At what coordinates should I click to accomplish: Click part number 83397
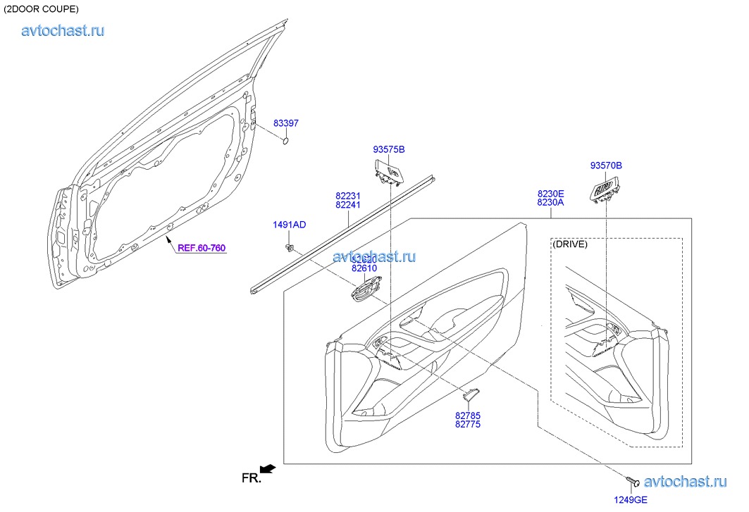(286, 123)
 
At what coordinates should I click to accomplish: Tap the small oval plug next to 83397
(286, 141)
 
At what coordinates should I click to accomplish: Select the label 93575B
(389, 149)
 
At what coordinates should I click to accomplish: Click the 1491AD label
(290, 225)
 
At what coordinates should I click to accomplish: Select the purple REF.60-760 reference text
(202, 248)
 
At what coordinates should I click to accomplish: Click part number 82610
(364, 268)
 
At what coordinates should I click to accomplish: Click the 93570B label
(606, 166)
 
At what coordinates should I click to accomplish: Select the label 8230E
(551, 193)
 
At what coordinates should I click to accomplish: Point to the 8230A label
(551, 203)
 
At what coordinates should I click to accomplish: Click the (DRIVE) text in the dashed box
(571, 244)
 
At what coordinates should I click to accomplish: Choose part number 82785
(468, 415)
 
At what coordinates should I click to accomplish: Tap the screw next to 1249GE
(632, 482)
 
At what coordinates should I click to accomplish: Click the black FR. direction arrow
(267, 468)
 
